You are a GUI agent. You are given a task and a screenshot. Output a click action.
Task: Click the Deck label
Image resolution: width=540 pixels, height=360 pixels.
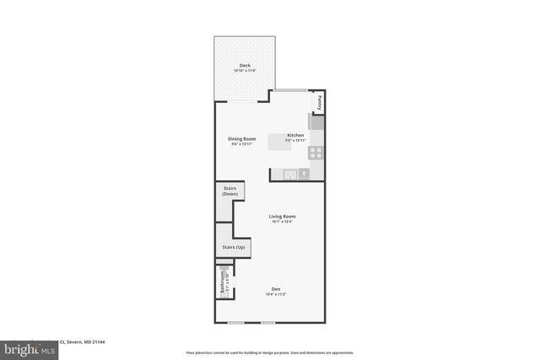[245, 65]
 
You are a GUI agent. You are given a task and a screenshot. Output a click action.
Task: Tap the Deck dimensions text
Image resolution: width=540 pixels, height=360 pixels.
[245, 71]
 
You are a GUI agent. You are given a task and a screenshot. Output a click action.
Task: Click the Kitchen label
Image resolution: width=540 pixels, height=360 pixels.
[295, 136]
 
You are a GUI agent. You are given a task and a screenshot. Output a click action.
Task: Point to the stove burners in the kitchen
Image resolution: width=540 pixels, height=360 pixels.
[316, 153]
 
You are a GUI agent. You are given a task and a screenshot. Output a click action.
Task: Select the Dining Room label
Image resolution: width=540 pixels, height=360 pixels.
[242, 139]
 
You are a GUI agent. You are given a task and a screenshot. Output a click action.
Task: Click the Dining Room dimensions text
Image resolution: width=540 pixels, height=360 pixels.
[242, 145]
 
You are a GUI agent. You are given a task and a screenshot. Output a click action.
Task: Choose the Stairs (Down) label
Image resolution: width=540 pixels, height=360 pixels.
[230, 191]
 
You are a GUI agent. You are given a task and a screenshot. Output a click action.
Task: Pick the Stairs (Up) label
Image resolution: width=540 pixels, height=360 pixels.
[234, 247]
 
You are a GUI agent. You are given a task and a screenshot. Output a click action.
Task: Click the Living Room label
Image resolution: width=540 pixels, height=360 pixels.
[282, 217]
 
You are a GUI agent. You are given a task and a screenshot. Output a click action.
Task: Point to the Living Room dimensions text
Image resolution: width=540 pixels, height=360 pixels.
[282, 223]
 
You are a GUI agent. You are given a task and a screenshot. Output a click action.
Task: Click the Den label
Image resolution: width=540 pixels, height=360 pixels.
[276, 288]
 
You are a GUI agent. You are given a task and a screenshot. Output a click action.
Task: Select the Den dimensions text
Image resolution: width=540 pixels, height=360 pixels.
[276, 294]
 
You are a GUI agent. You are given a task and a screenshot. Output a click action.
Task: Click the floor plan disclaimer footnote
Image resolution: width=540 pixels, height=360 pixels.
[269, 352]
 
